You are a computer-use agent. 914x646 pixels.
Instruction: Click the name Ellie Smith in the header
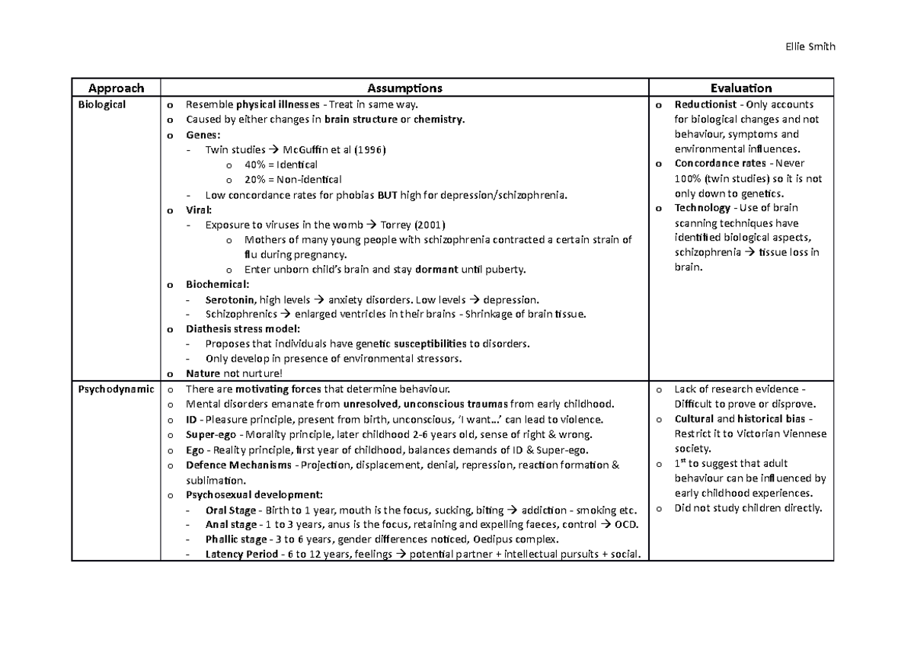pyautogui.click(x=810, y=46)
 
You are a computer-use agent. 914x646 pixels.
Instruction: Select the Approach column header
pyautogui.click(x=115, y=88)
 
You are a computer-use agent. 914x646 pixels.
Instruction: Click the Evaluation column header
pyautogui.click(x=740, y=88)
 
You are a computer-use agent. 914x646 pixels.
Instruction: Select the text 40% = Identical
pyautogui.click(x=281, y=165)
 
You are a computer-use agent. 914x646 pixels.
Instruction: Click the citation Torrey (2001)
pyautogui.click(x=409, y=225)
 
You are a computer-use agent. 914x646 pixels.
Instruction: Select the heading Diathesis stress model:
pyautogui.click(x=243, y=329)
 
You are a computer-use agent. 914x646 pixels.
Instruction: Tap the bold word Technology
pyautogui.click(x=702, y=208)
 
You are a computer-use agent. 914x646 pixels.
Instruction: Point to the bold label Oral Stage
pyautogui.click(x=231, y=510)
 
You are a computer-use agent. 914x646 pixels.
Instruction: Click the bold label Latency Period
pyautogui.click(x=241, y=554)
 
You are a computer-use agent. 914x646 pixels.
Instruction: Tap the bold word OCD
pyautogui.click(x=627, y=525)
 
